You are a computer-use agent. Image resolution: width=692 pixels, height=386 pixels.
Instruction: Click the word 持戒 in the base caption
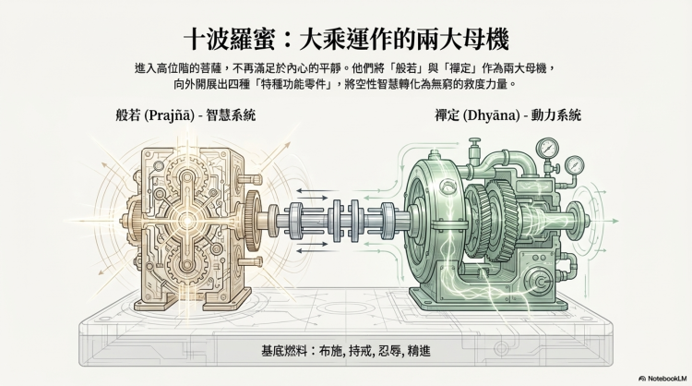(x=366, y=351)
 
